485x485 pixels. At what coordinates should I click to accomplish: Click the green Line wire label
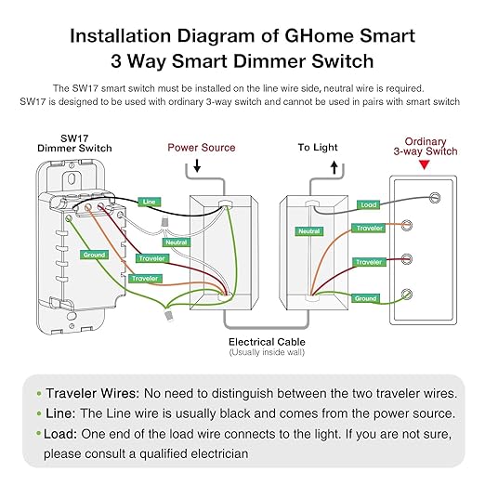[x=148, y=201]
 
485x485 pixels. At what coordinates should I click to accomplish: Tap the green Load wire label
[x=368, y=204]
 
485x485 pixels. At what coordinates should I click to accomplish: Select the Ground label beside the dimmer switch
[x=94, y=254]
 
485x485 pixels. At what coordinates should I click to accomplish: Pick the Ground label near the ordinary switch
[x=365, y=298]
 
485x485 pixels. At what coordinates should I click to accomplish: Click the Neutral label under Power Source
[x=175, y=242]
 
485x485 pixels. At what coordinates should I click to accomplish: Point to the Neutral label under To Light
[x=309, y=230]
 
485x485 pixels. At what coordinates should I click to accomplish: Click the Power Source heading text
[x=201, y=147]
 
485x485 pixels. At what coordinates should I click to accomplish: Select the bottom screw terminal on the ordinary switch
[x=406, y=295]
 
